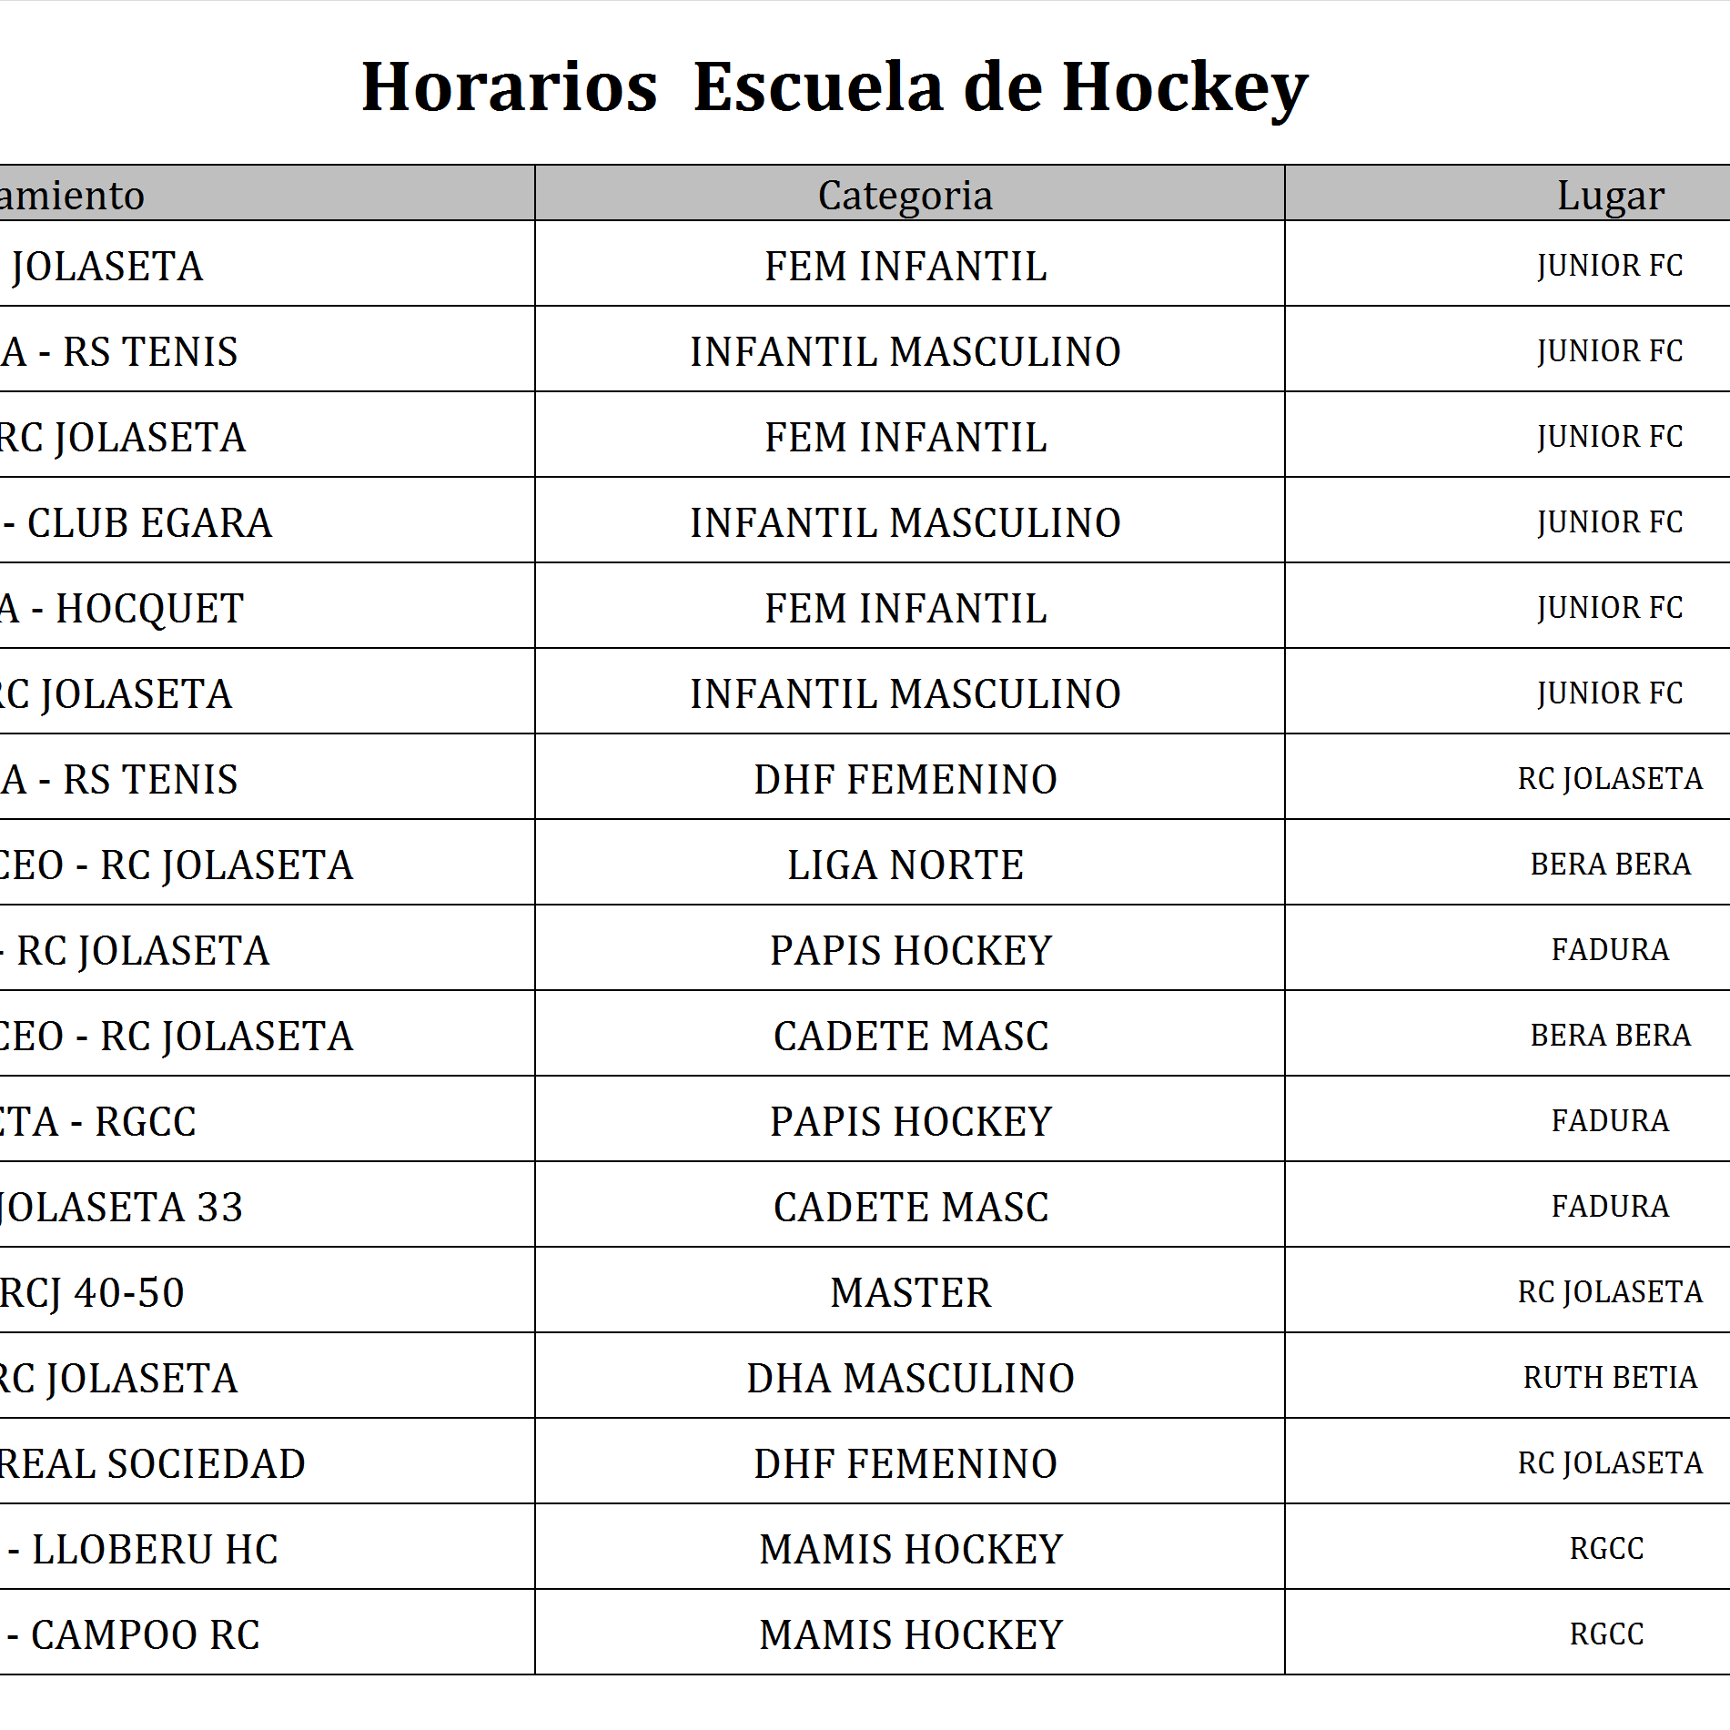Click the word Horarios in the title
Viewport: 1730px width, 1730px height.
[x=510, y=87]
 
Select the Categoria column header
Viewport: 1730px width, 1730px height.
[x=905, y=195]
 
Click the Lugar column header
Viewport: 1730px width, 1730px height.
[x=1610, y=195]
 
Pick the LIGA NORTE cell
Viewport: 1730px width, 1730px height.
[x=905, y=865]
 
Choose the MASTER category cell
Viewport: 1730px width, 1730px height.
[x=910, y=1292]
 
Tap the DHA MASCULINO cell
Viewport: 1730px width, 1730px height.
[x=910, y=1378]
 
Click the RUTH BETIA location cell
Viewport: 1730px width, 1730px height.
[x=1610, y=1378]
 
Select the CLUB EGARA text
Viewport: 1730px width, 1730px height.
[x=149, y=523]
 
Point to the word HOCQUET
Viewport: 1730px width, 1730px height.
[x=150, y=609]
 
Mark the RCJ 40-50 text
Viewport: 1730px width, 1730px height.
[x=92, y=1293]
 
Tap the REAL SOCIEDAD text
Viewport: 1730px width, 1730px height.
[x=152, y=1464]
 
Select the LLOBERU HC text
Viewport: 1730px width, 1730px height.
[x=155, y=1550]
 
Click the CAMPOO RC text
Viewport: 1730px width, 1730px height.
[x=146, y=1635]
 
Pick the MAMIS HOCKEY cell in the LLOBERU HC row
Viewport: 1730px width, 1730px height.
[x=910, y=1550]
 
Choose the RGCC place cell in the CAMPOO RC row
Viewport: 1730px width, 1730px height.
[x=1606, y=1634]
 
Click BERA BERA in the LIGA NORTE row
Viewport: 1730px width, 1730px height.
[x=1610, y=865]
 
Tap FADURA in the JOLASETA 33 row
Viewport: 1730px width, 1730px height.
[x=1610, y=1207]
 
